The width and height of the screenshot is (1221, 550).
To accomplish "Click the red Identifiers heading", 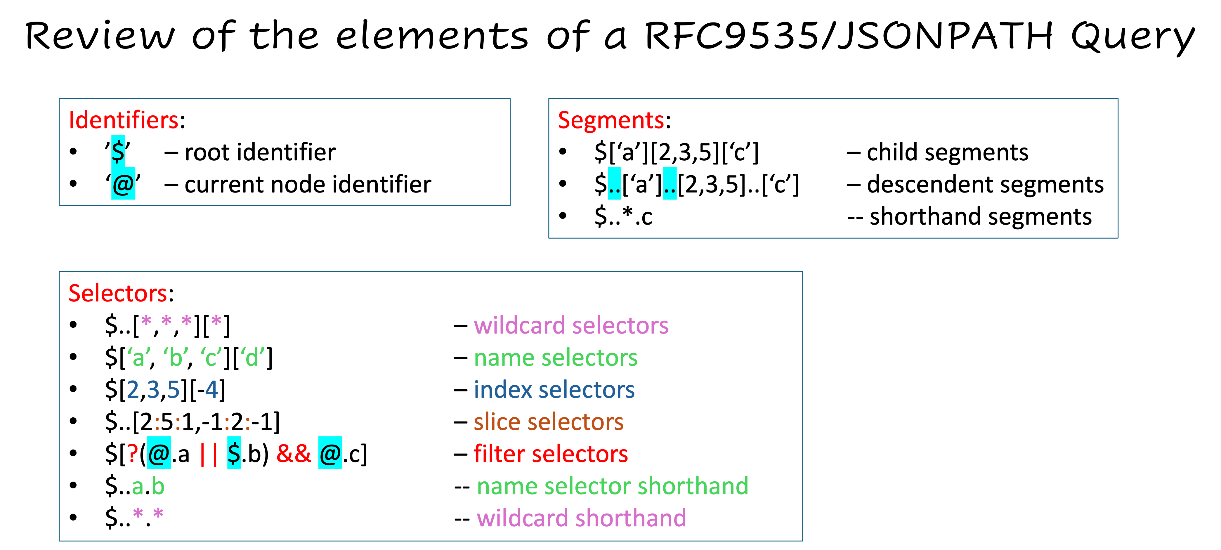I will pyautogui.click(x=123, y=120).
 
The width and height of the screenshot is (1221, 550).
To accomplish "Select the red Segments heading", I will pyautogui.click(x=610, y=120).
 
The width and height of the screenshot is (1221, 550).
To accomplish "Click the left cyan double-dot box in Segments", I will pyautogui.click(x=614, y=183).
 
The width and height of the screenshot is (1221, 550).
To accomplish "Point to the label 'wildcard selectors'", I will pyautogui.click(x=571, y=326).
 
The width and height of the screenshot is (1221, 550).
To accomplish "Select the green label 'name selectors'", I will pyautogui.click(x=556, y=358).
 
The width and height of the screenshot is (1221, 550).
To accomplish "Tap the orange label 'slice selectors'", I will pyautogui.click(x=548, y=422).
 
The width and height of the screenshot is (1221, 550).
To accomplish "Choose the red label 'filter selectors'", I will pyautogui.click(x=551, y=454).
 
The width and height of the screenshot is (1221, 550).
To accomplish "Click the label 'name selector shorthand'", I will pyautogui.click(x=612, y=486).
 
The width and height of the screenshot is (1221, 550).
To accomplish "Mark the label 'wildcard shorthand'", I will pyautogui.click(x=581, y=518).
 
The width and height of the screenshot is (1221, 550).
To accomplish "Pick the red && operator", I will pyautogui.click(x=293, y=454).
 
